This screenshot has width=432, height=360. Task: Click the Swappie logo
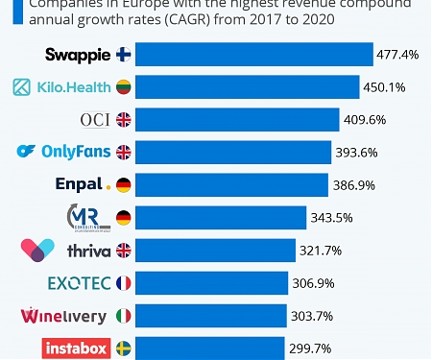click(x=78, y=55)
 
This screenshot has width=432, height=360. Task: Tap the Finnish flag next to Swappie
click(x=124, y=55)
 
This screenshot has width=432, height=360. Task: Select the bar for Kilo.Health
click(x=248, y=87)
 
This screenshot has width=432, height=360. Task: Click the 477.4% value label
click(x=398, y=55)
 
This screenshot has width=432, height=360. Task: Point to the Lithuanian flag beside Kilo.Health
click(x=124, y=87)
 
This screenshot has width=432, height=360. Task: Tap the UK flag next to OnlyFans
click(x=124, y=153)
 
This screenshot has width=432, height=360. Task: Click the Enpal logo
click(x=84, y=185)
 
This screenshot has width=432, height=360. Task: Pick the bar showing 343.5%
click(x=221, y=218)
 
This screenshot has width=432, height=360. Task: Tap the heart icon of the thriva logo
click(x=37, y=251)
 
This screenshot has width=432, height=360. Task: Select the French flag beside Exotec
click(x=124, y=283)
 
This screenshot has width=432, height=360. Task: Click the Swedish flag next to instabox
click(x=124, y=348)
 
